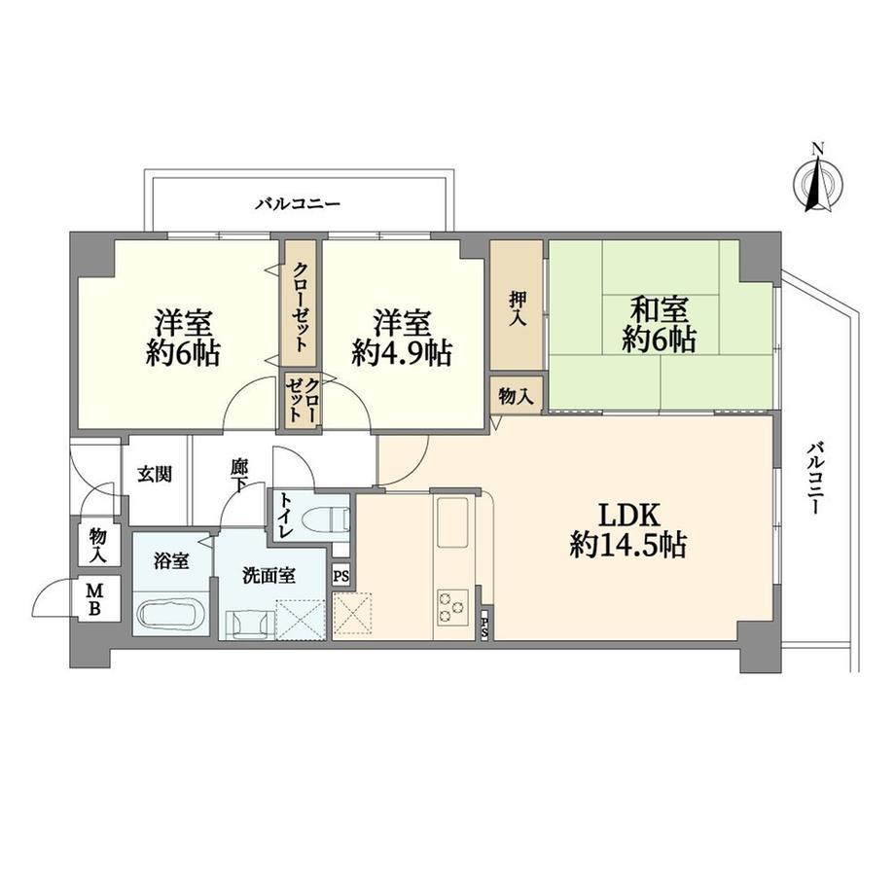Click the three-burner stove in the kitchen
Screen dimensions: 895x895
(453, 606)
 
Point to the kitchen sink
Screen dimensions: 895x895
(452, 521)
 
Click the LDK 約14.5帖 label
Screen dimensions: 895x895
(627, 530)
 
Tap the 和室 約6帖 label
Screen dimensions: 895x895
(659, 325)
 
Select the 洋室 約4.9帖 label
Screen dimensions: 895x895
(402, 338)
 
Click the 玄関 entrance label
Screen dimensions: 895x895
(155, 475)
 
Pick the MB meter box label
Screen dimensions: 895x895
(94, 598)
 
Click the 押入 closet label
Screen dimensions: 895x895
(517, 308)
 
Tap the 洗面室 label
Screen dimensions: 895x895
(269, 576)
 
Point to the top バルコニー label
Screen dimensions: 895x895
(298, 203)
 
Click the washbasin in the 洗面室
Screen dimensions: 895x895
(247, 625)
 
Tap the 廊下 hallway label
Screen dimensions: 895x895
(238, 477)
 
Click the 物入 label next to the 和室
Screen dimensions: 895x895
(517, 396)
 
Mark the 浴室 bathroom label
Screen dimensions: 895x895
(171, 561)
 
